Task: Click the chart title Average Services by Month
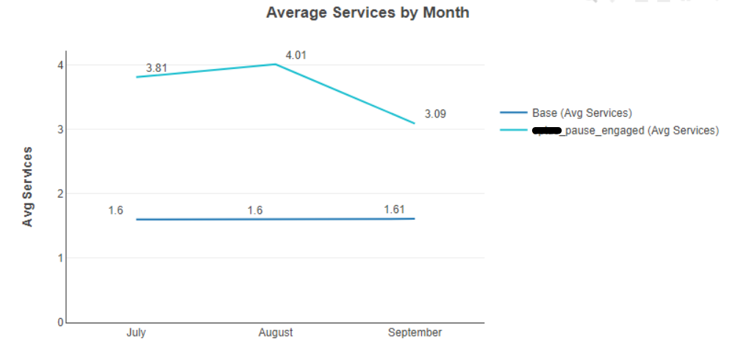(367, 13)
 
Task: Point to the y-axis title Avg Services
(28, 187)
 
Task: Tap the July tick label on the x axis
(136, 333)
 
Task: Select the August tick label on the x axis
(276, 333)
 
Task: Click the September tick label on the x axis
(415, 333)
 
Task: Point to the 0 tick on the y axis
(60, 323)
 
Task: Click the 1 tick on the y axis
(60, 258)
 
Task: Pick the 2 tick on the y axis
(60, 194)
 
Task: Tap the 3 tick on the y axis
(60, 129)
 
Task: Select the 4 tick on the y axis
(60, 65)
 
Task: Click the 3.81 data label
(157, 68)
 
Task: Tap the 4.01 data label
(296, 55)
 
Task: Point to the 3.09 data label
(435, 115)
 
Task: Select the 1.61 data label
(394, 210)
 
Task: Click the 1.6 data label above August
(255, 211)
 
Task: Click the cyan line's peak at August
(276, 64)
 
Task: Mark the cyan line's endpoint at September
(415, 123)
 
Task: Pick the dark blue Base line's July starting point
(137, 220)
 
